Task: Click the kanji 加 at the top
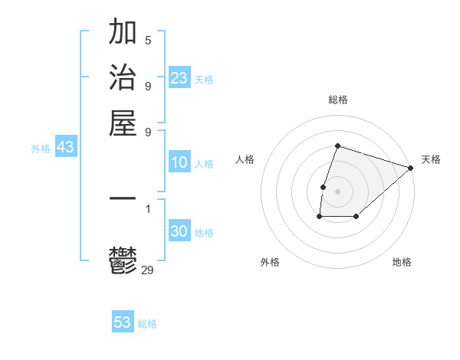click(123, 33)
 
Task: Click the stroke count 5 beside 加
click(148, 41)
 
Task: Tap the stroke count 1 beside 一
click(148, 208)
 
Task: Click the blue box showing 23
click(179, 78)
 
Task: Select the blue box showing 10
click(179, 162)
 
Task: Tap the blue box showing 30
click(179, 231)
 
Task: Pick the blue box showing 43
click(65, 147)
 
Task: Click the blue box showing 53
click(123, 322)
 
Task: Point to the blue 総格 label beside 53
click(148, 324)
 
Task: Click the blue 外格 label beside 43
click(41, 149)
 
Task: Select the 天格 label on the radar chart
click(431, 159)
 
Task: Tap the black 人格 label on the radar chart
click(245, 159)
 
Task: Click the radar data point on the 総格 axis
click(337, 146)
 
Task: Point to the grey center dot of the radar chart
click(337, 191)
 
